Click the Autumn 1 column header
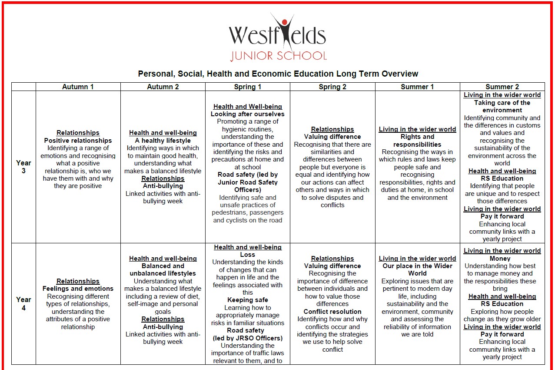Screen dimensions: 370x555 [78, 87]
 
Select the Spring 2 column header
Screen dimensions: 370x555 [332, 87]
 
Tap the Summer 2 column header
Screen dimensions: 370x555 [502, 87]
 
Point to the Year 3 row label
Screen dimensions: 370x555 [23, 167]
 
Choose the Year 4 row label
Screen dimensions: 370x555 [23, 303]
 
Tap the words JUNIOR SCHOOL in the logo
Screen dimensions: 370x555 [278, 56]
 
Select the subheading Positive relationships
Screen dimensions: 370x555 [78, 141]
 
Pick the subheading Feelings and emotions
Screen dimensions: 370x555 [78, 289]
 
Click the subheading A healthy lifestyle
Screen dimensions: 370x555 [163, 141]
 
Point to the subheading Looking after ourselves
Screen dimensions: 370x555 [247, 114]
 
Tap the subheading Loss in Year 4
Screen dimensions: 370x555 [247, 255]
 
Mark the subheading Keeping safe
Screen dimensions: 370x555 [247, 300]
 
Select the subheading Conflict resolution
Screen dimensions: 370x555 [332, 312]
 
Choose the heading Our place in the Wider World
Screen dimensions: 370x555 [417, 269]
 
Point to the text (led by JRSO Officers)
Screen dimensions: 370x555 [247, 338]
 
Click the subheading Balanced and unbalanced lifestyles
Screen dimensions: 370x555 [163, 269]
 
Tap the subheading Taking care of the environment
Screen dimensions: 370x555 [502, 107]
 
